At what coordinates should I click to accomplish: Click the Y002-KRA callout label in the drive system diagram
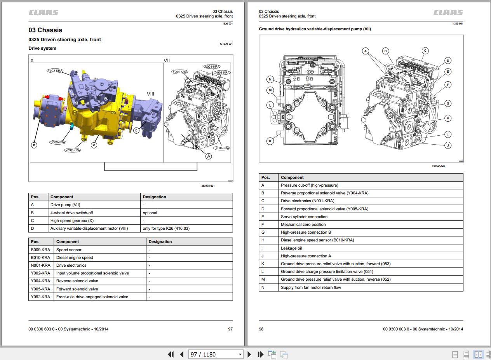click(55, 71)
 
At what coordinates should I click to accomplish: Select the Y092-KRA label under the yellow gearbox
click(73, 150)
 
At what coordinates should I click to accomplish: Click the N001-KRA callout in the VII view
click(212, 67)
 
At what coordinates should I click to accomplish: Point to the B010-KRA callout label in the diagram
click(222, 148)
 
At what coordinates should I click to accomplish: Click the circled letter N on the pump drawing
click(270, 79)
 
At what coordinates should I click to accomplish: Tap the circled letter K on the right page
click(270, 141)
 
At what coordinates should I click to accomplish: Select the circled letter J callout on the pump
click(448, 145)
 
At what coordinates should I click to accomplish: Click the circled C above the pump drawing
click(425, 51)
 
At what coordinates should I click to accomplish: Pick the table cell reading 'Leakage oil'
click(291, 248)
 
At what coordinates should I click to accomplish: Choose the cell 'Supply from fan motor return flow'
click(311, 287)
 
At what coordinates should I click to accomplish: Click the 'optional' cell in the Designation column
click(150, 213)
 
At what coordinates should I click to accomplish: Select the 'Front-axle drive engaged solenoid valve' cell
click(92, 297)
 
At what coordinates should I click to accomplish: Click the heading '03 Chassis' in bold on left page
click(45, 30)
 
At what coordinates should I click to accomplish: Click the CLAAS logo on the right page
click(448, 13)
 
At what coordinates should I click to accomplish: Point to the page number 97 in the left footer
click(230, 329)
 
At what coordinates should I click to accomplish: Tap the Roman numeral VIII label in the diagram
click(150, 94)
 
